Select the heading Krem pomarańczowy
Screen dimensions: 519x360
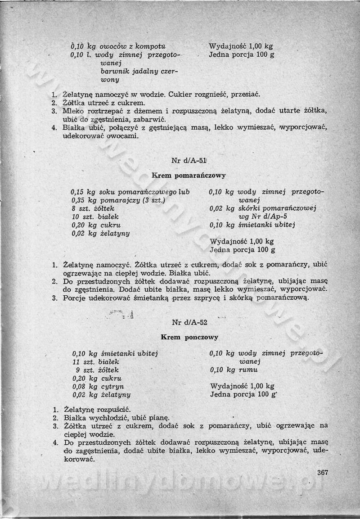(x=189, y=176)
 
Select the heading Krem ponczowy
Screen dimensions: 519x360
(x=189, y=337)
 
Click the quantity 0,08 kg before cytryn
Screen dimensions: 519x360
(x=85, y=387)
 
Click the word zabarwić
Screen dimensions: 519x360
(x=150, y=119)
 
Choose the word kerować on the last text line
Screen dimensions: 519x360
(x=78, y=459)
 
